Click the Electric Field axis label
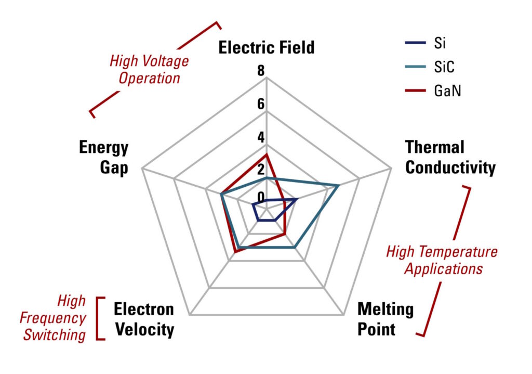[x=267, y=47]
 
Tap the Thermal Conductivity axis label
[x=450, y=157]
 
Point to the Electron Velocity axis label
[x=144, y=319]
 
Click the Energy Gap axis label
[x=104, y=157]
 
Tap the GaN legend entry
[x=433, y=91]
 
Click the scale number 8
[x=261, y=71]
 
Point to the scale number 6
[x=261, y=104]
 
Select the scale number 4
[x=261, y=137]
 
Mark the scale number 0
[x=261, y=197]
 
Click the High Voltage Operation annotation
[x=149, y=70]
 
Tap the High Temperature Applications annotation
[x=442, y=260]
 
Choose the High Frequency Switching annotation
[x=53, y=318]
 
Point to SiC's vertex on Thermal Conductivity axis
[x=338, y=186]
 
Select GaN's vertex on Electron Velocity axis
[x=235, y=252]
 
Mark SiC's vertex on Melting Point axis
[x=295, y=247]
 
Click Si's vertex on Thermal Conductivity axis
[x=297, y=199]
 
